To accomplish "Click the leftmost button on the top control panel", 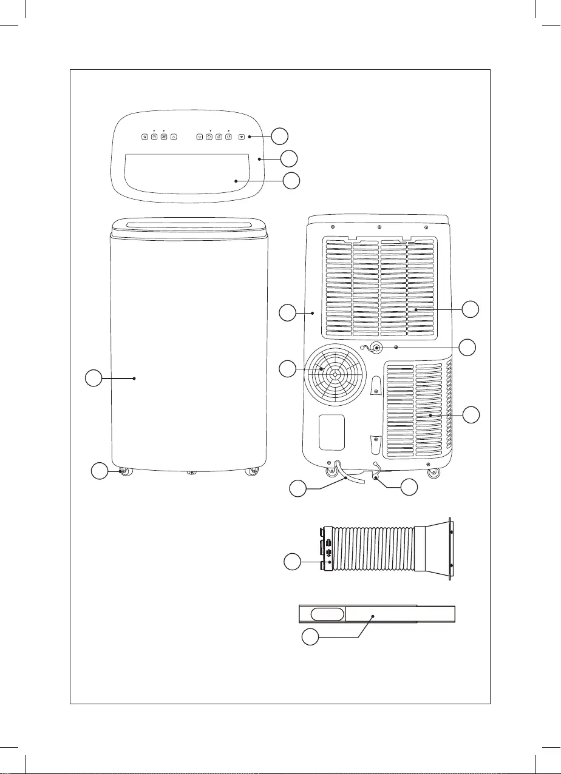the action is click(x=144, y=137).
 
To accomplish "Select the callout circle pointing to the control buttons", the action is click(x=279, y=136).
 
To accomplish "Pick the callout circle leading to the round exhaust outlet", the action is click(x=288, y=368).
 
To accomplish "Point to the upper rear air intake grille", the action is click(x=381, y=288).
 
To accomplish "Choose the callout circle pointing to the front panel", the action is click(x=92, y=379).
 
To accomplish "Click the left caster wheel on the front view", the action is click(x=126, y=472).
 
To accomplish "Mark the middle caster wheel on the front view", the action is click(x=191, y=472).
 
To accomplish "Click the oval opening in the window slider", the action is click(x=327, y=614).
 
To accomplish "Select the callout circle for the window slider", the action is click(x=311, y=638).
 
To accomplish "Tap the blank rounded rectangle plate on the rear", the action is click(x=331, y=432).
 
